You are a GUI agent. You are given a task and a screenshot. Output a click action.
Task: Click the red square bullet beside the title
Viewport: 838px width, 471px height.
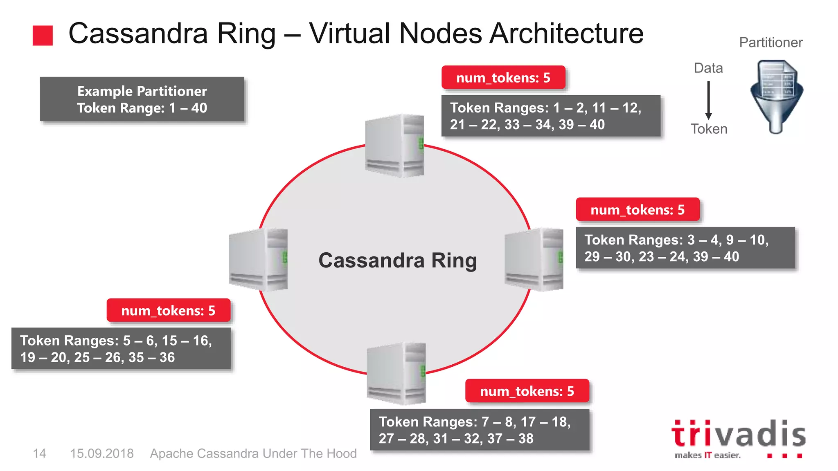43,36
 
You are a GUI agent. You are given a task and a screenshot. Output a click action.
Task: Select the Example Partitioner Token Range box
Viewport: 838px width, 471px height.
142,99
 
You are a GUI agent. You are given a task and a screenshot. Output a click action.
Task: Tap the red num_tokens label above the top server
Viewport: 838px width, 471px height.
503,78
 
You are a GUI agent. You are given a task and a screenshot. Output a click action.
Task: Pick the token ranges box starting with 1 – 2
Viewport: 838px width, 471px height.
551,116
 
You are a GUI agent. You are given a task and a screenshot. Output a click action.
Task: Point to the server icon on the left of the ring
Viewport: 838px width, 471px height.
258,260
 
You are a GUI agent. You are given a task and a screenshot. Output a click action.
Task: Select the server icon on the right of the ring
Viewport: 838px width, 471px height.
534,260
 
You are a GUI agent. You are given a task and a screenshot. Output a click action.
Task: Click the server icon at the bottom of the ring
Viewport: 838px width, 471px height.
396,373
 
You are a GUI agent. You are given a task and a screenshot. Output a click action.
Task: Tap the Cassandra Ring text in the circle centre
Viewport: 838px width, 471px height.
398,260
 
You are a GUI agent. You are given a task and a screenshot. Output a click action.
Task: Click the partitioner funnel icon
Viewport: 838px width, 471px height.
776,96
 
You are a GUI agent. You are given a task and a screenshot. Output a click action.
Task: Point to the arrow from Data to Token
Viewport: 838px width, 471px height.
708,100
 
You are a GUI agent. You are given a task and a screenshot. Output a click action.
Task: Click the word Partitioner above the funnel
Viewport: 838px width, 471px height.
771,43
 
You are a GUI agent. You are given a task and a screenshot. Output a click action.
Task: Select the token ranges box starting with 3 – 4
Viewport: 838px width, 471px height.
685,248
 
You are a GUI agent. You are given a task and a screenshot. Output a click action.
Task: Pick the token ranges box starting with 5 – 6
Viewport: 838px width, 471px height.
121,349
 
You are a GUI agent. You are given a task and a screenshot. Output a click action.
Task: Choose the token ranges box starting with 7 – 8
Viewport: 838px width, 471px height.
480,430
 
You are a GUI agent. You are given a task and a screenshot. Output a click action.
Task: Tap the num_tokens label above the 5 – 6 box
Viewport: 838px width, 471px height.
169,311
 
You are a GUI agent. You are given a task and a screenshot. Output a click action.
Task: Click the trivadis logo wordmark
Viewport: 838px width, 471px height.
738,435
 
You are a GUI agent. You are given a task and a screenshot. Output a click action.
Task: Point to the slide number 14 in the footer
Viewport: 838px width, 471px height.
40,453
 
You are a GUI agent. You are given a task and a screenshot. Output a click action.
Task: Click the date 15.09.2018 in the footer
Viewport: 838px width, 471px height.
102,453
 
